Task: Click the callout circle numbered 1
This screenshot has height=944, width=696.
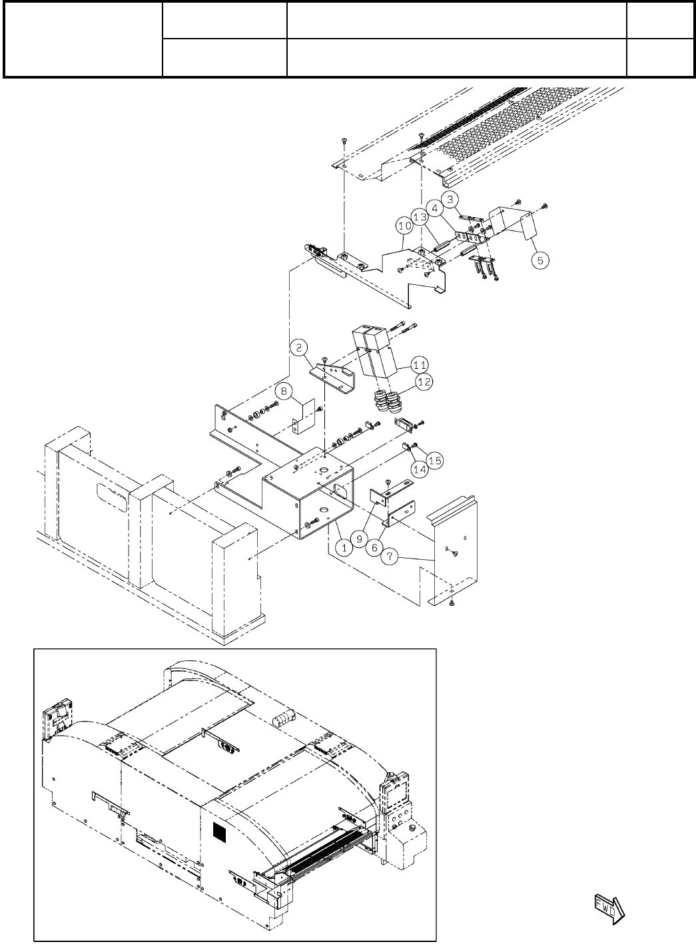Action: tap(344, 547)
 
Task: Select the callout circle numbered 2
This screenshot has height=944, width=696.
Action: tap(300, 346)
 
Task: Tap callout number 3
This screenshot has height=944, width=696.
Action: tap(450, 198)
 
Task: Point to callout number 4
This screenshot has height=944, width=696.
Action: tap(434, 207)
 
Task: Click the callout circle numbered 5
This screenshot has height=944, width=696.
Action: tap(541, 260)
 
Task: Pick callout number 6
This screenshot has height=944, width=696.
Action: tap(374, 547)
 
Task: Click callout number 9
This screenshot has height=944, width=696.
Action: tap(359, 539)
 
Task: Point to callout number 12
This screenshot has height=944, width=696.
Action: tap(424, 381)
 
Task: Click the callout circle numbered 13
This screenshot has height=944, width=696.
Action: tap(419, 217)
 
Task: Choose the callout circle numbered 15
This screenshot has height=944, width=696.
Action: tap(435, 460)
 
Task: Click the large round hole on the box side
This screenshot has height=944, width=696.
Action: tap(339, 493)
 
